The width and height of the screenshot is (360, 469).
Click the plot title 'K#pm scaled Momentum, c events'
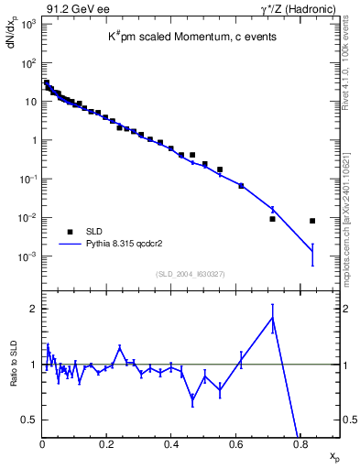click(190, 36)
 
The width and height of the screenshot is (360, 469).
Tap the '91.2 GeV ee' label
click(71, 8)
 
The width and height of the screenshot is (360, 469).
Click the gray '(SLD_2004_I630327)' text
click(190, 274)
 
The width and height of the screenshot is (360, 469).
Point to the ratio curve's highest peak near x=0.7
click(273, 317)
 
